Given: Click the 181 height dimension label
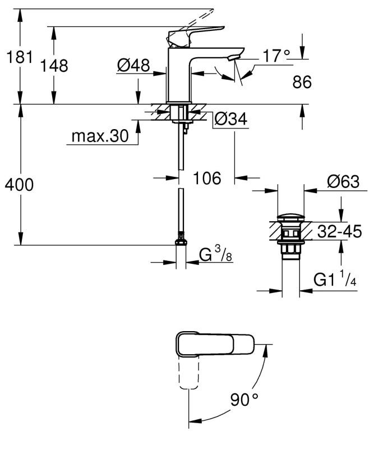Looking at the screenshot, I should pos(18,57).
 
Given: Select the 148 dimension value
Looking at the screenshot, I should pos(54,66).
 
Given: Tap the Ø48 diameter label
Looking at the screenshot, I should pos(133,66).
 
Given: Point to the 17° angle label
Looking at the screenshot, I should pos(277,56).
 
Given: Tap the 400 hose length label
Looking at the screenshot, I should pos(18,184).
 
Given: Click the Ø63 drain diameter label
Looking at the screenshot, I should pos(343,182).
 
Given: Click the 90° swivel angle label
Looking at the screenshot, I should pos(244,400).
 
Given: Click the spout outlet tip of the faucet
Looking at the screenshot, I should pos(235,55).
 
